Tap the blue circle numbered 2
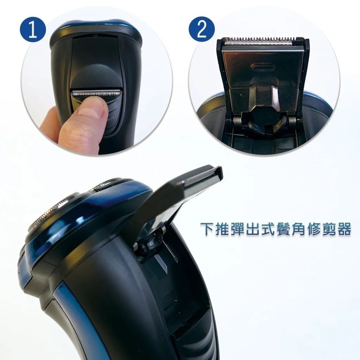coord(202,29)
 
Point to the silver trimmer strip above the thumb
coord(95,93)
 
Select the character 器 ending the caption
coord(344,229)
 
